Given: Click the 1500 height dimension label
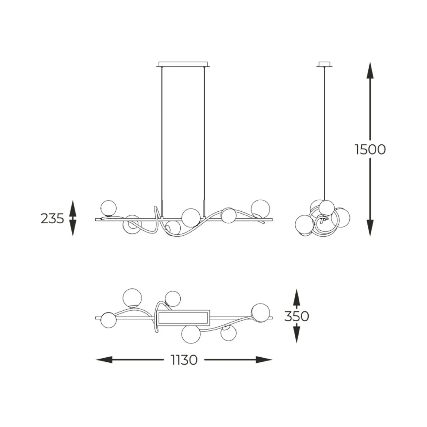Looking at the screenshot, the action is (x=370, y=149).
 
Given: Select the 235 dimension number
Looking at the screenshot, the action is (x=52, y=219).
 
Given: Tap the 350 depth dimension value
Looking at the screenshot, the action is (x=296, y=316).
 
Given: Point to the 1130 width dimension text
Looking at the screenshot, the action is (x=184, y=360).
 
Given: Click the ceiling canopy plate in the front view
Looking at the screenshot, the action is (x=183, y=64).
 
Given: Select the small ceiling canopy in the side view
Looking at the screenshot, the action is (x=325, y=64).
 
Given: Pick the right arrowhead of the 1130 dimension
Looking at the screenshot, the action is (x=264, y=360).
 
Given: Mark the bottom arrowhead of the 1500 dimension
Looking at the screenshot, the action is (x=370, y=228).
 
